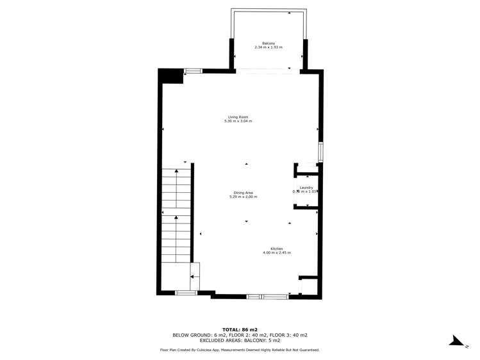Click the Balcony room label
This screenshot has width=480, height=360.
[x=269, y=43]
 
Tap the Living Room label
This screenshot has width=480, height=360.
[x=238, y=117]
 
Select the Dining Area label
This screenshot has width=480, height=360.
[x=243, y=193]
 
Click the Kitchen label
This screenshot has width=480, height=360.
[x=276, y=249]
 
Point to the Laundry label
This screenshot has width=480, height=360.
[x=306, y=187]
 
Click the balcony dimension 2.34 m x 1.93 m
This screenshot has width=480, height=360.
[x=269, y=47]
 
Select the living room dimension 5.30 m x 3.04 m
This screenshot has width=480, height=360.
[x=238, y=121]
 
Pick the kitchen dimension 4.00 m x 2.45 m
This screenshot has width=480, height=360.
[x=276, y=253]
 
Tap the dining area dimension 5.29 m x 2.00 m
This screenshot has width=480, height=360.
[x=243, y=197]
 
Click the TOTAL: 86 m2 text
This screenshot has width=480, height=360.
[x=240, y=329]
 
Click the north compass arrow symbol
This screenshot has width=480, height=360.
[x=458, y=340]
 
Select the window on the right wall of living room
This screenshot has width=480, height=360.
[x=320, y=152]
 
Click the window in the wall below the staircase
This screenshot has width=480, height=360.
[x=186, y=293]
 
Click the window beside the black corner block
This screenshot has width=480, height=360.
[x=193, y=71]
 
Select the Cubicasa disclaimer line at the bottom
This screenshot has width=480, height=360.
[x=240, y=350]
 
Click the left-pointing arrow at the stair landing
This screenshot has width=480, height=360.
[x=192, y=277]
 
